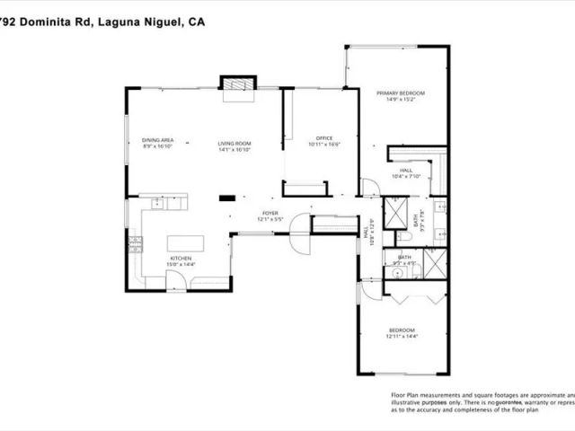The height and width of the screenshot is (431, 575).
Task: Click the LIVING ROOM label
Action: [234, 144]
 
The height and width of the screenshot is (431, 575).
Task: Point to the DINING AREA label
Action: [158, 140]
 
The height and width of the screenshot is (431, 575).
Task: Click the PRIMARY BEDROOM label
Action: [400, 93]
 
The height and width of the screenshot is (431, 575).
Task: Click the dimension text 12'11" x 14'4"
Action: [402, 336]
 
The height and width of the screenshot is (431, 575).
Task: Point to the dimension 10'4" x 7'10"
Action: [406, 176]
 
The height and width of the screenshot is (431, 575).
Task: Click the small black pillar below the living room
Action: [228, 198]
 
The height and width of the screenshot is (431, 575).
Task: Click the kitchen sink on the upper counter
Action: [156, 205]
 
